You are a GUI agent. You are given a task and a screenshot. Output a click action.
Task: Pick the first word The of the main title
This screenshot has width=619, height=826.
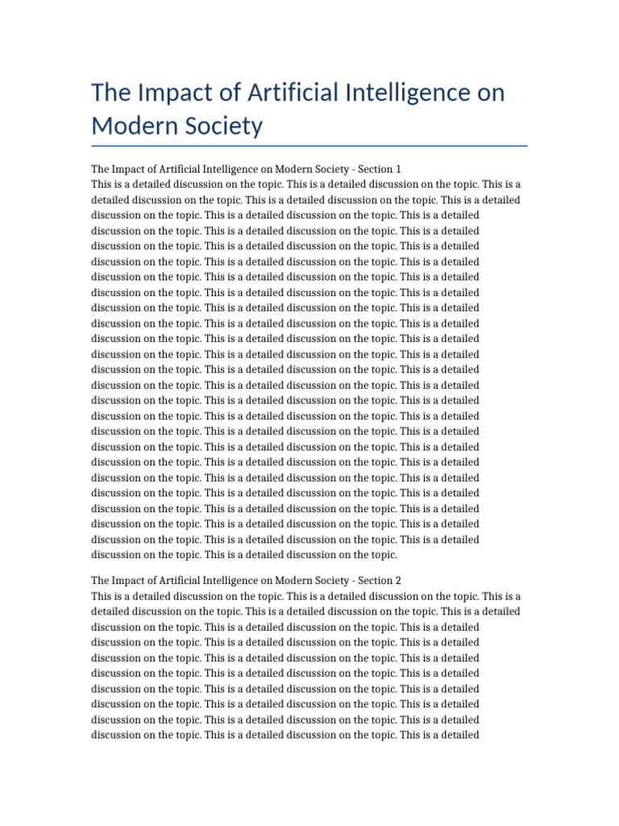(110, 93)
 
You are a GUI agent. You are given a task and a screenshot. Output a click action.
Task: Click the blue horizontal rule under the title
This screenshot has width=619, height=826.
(309, 146)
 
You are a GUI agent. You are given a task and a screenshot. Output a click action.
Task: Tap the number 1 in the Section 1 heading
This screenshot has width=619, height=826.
(397, 169)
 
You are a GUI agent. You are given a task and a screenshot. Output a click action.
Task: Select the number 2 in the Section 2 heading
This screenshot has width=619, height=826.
(397, 580)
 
